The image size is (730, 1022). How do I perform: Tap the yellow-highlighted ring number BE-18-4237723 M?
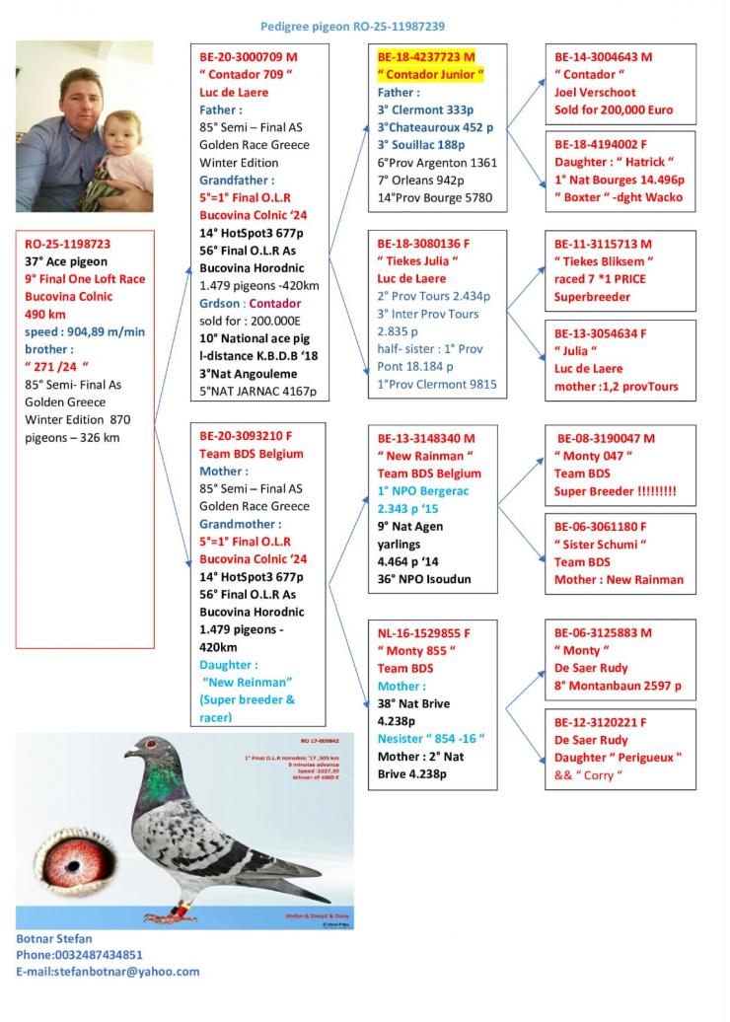(425, 57)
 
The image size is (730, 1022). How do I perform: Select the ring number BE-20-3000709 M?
(248, 57)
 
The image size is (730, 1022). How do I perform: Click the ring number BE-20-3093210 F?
(247, 435)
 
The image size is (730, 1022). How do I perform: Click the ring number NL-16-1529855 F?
(424, 632)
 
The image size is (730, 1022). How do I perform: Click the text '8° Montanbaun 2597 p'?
(618, 686)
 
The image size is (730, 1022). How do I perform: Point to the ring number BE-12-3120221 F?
(601, 722)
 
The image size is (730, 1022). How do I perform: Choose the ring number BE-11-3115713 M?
(603, 243)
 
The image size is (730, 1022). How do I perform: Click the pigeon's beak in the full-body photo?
(129, 754)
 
